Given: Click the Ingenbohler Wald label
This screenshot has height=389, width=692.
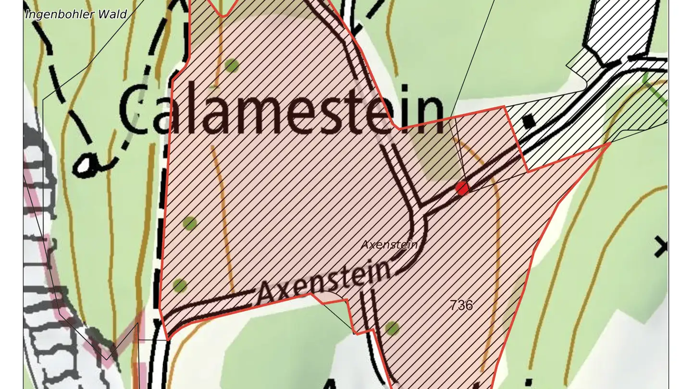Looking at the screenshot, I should tap(75, 14).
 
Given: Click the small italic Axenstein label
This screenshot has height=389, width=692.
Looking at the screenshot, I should tap(390, 244).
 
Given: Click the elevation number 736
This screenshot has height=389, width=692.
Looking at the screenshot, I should tap(461, 304).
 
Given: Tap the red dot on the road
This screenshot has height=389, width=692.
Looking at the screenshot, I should tap(462, 188).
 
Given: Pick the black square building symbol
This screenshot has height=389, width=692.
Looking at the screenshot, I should tap(529, 121).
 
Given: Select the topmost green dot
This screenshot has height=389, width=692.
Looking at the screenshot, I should tap(232, 65).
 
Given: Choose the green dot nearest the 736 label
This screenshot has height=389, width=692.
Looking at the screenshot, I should tap(392, 328).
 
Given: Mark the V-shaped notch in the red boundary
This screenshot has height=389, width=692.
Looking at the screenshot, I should tap(223, 15).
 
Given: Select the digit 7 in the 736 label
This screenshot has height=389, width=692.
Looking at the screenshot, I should tap(454, 304).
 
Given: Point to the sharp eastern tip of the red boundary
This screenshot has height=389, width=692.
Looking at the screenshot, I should tap(609, 143).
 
